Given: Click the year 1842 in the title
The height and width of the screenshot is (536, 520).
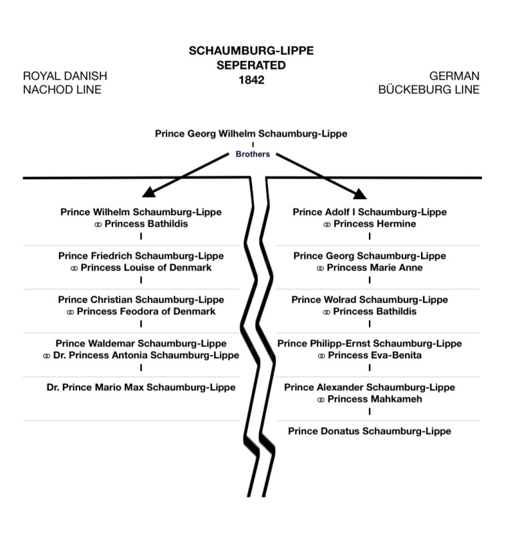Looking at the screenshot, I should [251, 79].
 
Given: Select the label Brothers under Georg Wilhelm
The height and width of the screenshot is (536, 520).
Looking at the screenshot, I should [253, 154].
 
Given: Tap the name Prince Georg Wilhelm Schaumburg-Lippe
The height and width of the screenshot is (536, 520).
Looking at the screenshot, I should [251, 134].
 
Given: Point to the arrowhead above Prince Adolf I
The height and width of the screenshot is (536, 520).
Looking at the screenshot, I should [360, 194].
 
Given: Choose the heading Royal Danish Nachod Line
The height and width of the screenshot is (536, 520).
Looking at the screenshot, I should [65, 83].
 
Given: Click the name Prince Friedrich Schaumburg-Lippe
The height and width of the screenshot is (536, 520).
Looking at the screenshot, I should [141, 256].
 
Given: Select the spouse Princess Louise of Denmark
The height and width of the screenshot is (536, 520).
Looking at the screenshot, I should [146, 268].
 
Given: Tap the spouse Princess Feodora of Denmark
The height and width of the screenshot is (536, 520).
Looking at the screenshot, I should [146, 312].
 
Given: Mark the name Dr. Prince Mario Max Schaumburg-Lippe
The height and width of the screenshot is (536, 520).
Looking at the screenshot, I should [141, 388].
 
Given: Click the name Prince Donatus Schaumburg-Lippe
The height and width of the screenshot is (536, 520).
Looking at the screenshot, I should [370, 431].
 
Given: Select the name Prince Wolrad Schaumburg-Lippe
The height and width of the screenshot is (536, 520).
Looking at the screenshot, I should [370, 300].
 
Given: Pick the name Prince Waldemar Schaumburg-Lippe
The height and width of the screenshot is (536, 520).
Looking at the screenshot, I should [141, 344].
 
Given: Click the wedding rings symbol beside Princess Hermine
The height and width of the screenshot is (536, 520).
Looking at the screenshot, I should [327, 225].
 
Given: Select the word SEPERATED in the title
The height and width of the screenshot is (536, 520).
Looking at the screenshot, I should [251, 65].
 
